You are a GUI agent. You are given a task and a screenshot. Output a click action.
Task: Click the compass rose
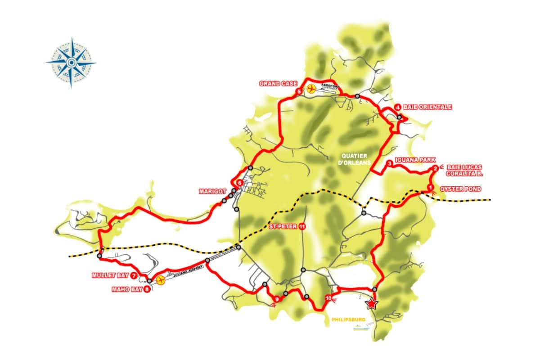(x=71, y=62)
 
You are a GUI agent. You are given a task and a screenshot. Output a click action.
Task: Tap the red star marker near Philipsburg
(x=371, y=305)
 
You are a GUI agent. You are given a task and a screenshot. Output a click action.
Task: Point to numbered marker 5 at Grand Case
(x=299, y=92)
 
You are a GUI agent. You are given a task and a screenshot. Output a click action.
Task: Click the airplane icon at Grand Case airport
(x=310, y=89)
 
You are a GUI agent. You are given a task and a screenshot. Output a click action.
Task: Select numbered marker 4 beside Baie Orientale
(x=398, y=107)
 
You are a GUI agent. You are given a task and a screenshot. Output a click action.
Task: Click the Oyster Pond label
(x=460, y=189)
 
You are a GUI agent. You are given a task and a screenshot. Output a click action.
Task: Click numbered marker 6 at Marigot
(x=240, y=183)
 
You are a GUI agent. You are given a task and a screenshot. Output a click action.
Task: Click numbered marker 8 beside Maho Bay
(x=147, y=289)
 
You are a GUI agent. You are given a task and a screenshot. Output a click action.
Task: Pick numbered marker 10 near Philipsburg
(x=328, y=298)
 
